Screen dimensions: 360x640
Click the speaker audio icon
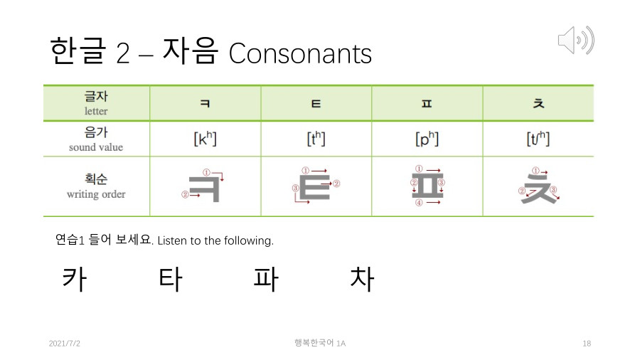tap(575, 41)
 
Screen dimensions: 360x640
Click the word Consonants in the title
tap(300, 53)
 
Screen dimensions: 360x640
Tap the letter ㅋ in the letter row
tap(205, 104)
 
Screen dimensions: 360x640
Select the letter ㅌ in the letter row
tap(316, 104)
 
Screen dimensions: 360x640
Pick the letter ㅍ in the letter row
tap(427, 104)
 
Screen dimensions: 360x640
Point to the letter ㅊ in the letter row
tap(538, 104)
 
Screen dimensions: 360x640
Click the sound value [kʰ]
tap(205, 139)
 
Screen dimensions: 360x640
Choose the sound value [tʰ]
tap(316, 139)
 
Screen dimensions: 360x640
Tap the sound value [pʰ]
tap(427, 139)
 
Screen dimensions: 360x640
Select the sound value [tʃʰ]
tap(538, 139)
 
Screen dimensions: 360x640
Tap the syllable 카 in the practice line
tap(74, 279)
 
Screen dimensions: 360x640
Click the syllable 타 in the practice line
tap(170, 279)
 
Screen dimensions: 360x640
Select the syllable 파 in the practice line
tap(265, 279)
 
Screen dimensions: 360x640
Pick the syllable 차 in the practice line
tap(361, 279)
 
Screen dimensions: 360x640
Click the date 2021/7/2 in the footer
tap(65, 344)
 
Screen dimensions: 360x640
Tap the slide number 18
tap(587, 344)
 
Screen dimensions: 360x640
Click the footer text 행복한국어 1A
tap(320, 343)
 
